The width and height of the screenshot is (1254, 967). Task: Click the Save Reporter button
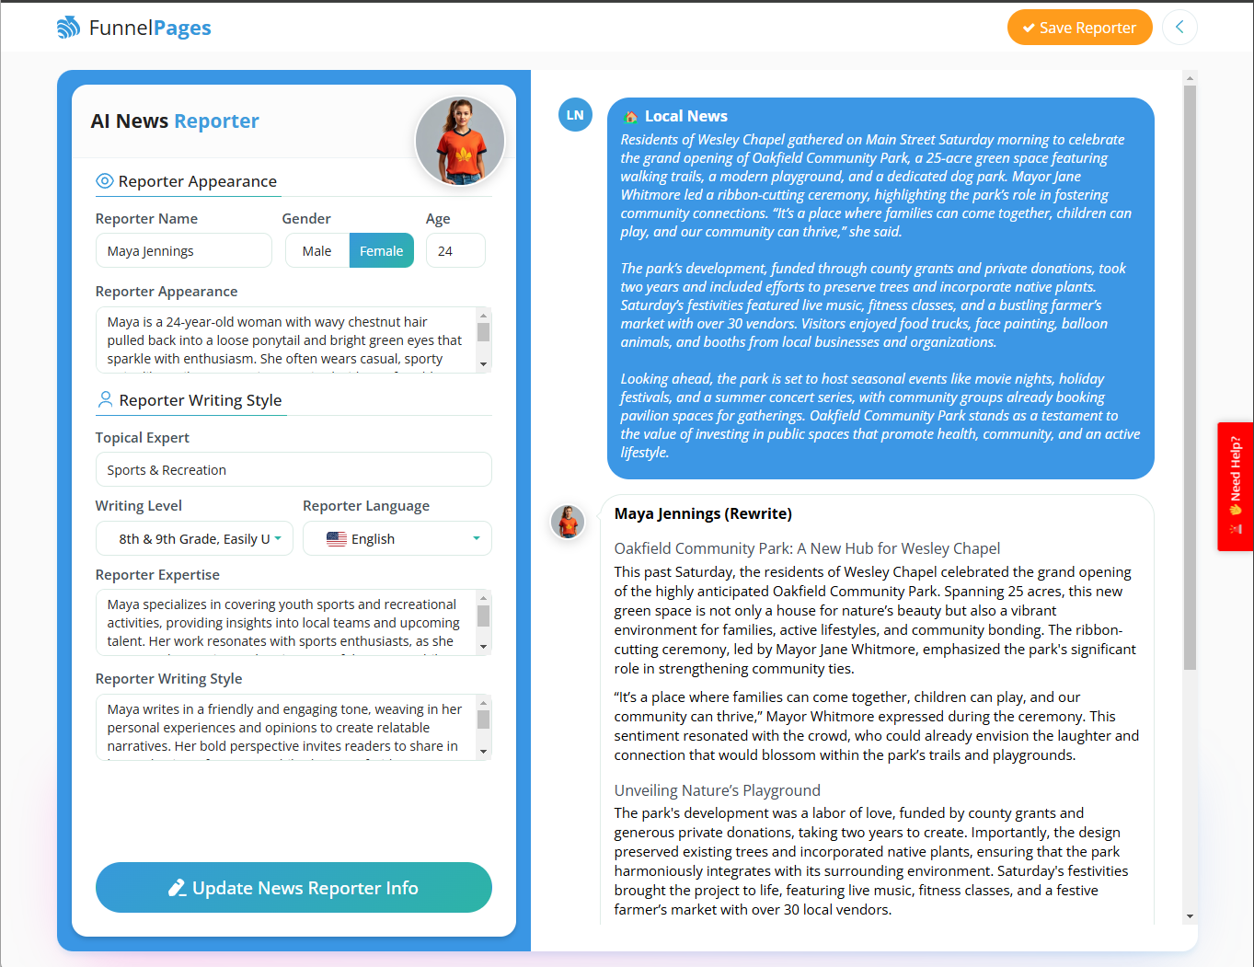[1079, 28]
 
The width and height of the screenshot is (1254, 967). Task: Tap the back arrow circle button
[1179, 28]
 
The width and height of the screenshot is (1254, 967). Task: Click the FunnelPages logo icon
[69, 28]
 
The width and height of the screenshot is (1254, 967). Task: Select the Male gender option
[316, 251]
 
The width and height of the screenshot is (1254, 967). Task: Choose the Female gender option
[381, 251]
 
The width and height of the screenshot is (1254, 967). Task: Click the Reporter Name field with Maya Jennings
[183, 251]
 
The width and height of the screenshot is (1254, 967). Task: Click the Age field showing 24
[455, 251]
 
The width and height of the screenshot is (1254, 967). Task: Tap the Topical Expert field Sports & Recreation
[293, 470]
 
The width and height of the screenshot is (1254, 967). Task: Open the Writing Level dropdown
[195, 539]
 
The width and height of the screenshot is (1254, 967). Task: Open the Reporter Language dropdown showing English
[397, 539]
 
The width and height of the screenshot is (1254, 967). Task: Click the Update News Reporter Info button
[293, 888]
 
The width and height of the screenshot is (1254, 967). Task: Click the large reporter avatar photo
[460, 141]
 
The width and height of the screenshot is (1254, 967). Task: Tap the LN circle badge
[575, 115]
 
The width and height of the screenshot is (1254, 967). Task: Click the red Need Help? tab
[1235, 486]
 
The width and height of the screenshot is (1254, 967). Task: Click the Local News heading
[685, 116]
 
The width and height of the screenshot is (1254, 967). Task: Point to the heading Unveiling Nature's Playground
[717, 790]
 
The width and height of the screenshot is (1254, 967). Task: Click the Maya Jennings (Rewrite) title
[703, 513]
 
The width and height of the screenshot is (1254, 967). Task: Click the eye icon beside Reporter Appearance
[105, 181]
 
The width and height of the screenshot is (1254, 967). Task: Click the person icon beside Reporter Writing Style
[105, 399]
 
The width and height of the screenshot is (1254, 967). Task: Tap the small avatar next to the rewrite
[568, 522]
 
